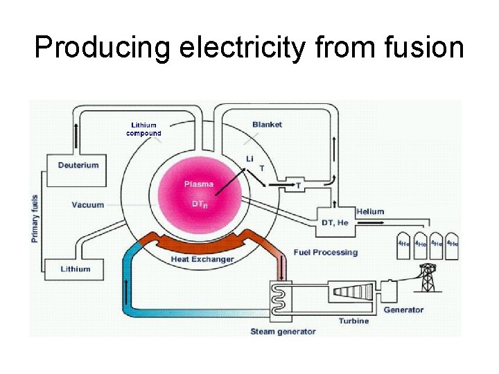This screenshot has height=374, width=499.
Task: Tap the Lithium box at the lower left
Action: (75, 269)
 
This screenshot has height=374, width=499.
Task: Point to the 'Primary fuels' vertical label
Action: (35, 217)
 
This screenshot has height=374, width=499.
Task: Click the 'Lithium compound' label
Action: (143, 129)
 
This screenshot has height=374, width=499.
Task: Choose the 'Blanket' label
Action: (267, 125)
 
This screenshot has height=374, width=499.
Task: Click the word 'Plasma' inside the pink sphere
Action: (198, 184)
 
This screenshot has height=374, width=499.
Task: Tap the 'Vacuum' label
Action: (87, 205)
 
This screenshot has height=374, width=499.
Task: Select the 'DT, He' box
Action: (335, 222)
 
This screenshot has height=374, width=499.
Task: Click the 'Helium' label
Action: (369, 211)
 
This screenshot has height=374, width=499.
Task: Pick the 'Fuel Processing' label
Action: (326, 253)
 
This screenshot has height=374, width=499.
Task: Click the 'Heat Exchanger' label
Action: (202, 260)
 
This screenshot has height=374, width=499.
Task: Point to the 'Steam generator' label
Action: (283, 332)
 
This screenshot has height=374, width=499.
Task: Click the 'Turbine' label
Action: (353, 321)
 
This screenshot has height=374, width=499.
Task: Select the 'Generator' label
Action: (403, 310)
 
